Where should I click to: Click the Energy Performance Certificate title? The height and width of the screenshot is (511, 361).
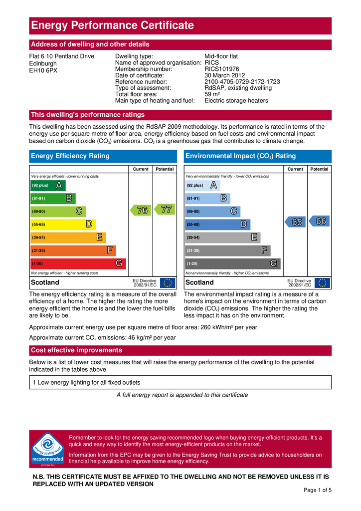point(112,25)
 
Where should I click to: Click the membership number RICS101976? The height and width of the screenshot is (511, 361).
point(222,69)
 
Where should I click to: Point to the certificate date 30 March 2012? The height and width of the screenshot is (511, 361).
point(224,75)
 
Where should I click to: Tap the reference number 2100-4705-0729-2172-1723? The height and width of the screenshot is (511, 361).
point(242,82)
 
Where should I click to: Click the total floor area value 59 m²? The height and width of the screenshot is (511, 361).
point(212,94)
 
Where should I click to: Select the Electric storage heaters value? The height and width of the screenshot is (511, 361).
point(236,101)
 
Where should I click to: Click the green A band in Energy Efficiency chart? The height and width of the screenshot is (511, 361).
point(48,186)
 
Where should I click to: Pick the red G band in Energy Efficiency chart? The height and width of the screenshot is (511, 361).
point(78,263)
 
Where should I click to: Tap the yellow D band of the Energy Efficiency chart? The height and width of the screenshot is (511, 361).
point(62,225)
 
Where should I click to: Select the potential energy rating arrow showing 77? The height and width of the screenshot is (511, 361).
point(165,210)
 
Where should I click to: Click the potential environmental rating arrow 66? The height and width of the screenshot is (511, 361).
point(320,221)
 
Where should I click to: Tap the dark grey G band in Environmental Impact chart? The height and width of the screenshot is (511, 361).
point(232,263)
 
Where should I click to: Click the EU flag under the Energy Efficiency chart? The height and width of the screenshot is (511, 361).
point(168,283)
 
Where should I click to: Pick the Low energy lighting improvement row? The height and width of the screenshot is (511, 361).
point(180,383)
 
